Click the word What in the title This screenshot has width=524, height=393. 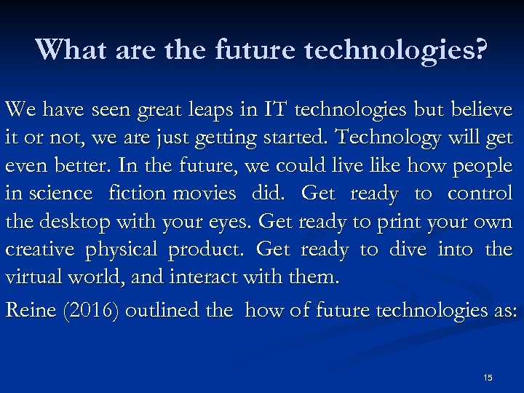coord(68,49)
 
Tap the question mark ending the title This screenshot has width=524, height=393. coord(481,49)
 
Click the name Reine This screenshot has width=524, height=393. coord(28,311)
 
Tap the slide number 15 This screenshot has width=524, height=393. coord(488,377)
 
